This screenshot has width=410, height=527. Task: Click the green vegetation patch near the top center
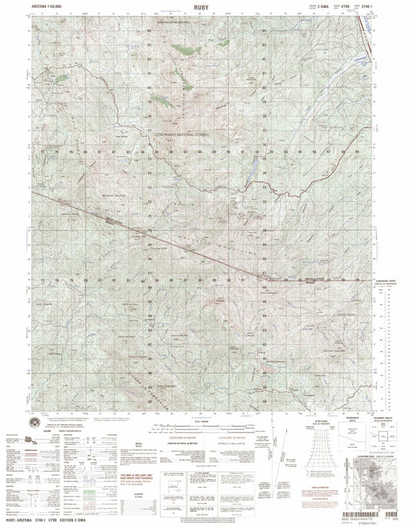coord(182,49)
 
